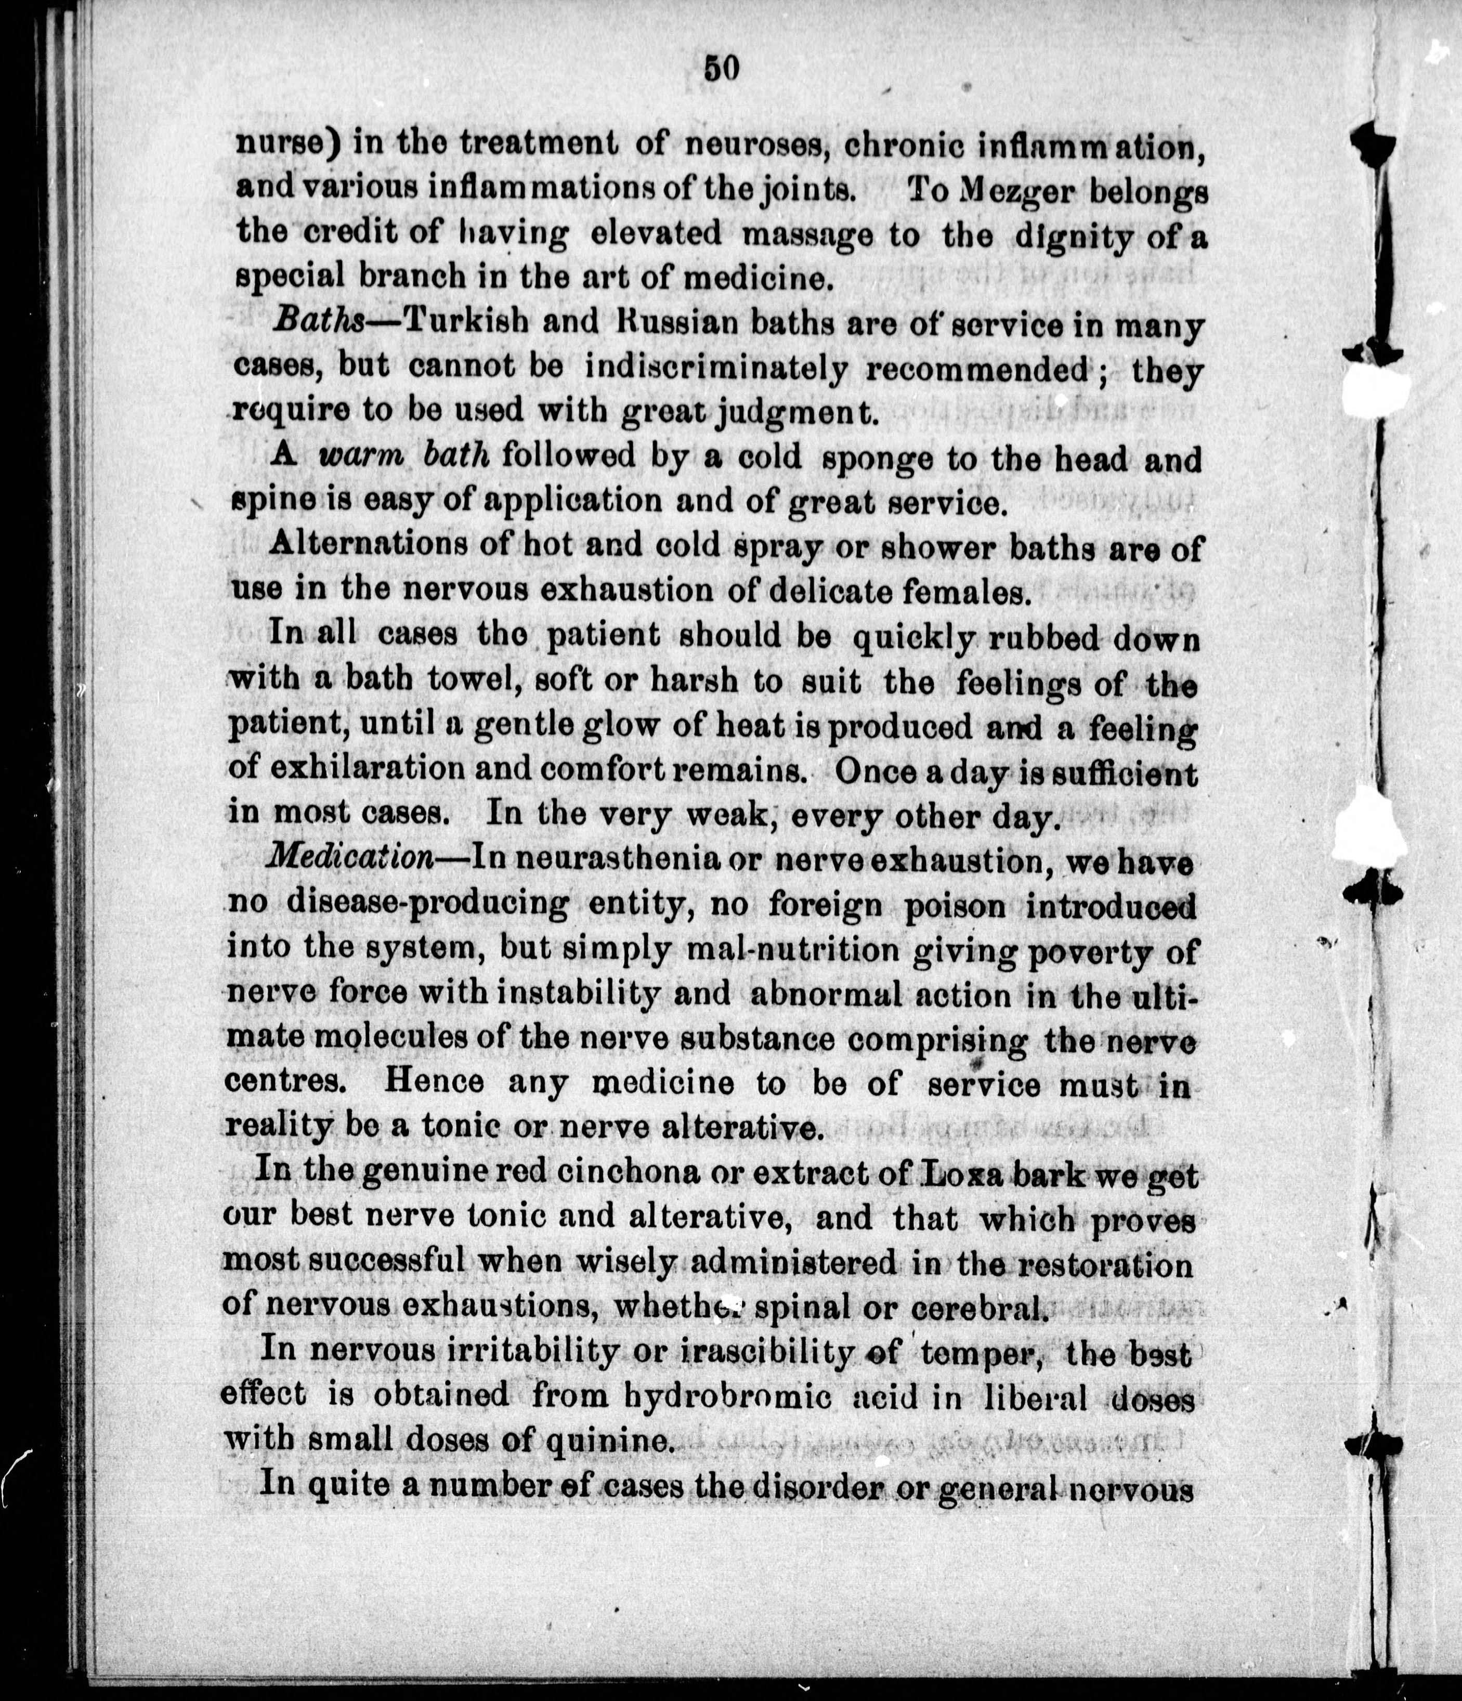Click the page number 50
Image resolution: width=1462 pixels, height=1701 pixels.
[722, 68]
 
